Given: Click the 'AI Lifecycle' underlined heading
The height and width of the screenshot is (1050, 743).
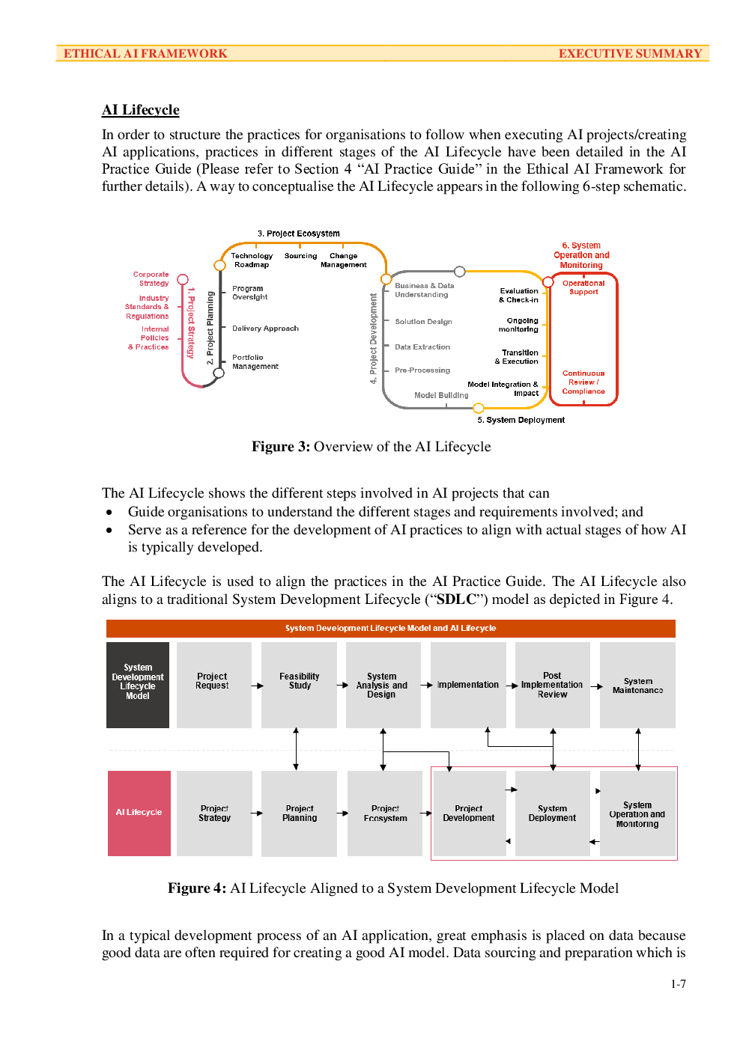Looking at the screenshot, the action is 140,110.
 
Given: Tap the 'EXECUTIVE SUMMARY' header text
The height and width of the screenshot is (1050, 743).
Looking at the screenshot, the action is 630,53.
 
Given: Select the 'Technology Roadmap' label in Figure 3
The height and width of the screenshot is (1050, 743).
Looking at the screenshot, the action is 252,260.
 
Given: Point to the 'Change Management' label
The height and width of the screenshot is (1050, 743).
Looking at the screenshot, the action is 343,260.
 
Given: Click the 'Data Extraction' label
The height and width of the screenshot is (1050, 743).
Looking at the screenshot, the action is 422,347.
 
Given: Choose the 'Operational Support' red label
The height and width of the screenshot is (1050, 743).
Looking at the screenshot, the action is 583,287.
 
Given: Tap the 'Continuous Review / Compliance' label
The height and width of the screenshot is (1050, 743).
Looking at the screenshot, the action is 583,382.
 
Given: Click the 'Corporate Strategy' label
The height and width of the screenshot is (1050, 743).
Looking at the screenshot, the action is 151,278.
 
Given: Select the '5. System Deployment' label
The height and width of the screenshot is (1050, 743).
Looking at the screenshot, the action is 521,420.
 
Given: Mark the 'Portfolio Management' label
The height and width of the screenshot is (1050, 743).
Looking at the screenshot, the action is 255,362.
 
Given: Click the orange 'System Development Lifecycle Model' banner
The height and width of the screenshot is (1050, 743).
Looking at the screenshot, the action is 391,628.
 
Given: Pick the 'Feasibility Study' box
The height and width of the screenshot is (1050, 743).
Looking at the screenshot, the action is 300,685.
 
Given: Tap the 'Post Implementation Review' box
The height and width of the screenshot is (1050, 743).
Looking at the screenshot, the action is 553,685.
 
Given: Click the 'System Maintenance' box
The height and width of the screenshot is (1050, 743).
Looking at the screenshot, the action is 637,685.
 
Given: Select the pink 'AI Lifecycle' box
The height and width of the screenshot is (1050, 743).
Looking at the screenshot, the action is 139,814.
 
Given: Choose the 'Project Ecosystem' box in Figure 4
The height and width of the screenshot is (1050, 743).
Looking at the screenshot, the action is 385,814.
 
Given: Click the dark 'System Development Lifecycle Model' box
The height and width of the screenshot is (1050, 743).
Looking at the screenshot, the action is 138,685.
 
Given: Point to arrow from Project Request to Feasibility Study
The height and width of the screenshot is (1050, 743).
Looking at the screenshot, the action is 257,686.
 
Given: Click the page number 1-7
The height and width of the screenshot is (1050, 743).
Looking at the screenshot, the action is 679,984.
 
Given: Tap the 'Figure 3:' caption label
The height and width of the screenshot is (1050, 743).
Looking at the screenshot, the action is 281,446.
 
